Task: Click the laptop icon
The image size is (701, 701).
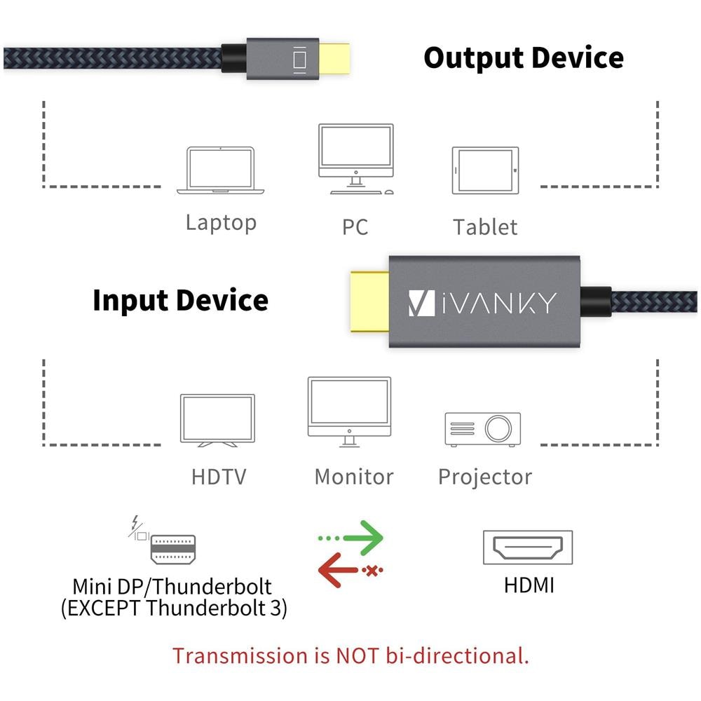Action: [220, 170]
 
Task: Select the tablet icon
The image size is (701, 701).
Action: [485, 170]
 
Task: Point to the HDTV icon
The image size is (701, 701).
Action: [217, 420]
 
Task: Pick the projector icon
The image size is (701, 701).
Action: [482, 429]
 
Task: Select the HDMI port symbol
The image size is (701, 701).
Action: [527, 548]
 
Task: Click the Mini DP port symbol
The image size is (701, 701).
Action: [173, 550]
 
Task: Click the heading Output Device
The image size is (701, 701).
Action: [523, 57]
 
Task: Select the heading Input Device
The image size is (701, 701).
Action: [180, 300]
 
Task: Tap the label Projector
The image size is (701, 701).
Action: [484, 477]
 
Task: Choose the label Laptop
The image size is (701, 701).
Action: [221, 223]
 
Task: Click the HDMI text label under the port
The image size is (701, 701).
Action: [529, 585]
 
